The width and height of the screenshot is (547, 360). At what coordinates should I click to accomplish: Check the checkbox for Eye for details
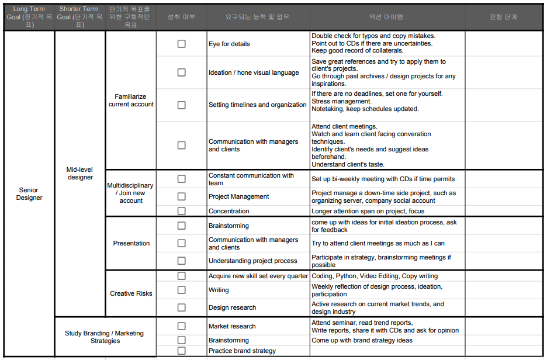(x=181, y=44)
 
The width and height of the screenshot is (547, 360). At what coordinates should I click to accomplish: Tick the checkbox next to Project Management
(x=181, y=196)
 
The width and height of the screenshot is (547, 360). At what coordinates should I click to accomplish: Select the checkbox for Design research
(x=181, y=307)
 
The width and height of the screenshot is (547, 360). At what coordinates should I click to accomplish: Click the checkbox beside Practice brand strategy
(x=181, y=351)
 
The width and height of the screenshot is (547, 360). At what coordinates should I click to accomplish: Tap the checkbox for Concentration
(x=181, y=211)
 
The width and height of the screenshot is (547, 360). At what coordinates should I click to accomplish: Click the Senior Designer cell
(x=29, y=194)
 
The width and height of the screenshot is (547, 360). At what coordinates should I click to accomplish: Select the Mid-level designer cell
(x=80, y=174)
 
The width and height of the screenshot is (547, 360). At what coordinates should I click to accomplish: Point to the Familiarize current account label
(x=131, y=101)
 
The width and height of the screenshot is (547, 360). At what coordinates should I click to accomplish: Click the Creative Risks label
(x=131, y=293)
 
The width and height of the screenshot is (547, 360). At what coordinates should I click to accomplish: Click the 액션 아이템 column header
(x=387, y=17)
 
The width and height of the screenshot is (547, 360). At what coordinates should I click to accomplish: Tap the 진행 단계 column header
(x=503, y=17)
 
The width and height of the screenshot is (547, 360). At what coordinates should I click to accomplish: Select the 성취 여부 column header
(x=181, y=17)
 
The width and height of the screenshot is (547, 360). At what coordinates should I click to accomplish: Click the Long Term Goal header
(x=29, y=17)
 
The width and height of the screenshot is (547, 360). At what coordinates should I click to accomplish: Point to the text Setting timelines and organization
(x=257, y=105)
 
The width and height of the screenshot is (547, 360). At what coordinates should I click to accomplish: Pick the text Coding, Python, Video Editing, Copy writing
(x=375, y=276)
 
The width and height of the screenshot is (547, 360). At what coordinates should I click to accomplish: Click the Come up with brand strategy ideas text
(x=362, y=340)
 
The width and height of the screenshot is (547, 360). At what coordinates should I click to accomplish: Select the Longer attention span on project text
(x=368, y=211)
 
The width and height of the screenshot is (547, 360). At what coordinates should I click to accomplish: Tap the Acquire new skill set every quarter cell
(x=258, y=276)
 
